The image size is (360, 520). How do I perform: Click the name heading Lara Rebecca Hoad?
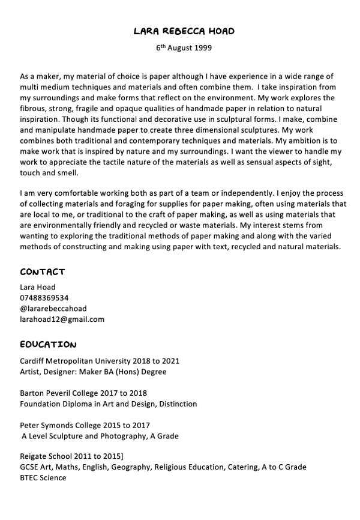pos(184,31)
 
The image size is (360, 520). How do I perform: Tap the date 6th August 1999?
pos(184,47)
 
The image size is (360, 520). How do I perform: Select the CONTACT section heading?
pos(42,271)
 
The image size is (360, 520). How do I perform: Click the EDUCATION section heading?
pos(48,345)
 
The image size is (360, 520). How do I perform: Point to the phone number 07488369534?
pos(44,298)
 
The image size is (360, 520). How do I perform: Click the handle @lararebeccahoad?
pos(53,309)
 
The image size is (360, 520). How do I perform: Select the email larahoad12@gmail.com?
pos(62,319)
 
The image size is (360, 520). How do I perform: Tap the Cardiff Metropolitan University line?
pos(100,361)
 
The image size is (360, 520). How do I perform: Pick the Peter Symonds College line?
pos(85,425)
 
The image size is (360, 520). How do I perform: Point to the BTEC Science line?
pos(43,478)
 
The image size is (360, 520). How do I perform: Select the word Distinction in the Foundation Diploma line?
pos(178,404)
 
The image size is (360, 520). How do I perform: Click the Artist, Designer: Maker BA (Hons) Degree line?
pos(93,372)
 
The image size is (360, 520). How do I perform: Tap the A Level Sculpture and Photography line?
pos(100,436)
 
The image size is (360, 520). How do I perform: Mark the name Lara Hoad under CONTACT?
pos(37,287)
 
